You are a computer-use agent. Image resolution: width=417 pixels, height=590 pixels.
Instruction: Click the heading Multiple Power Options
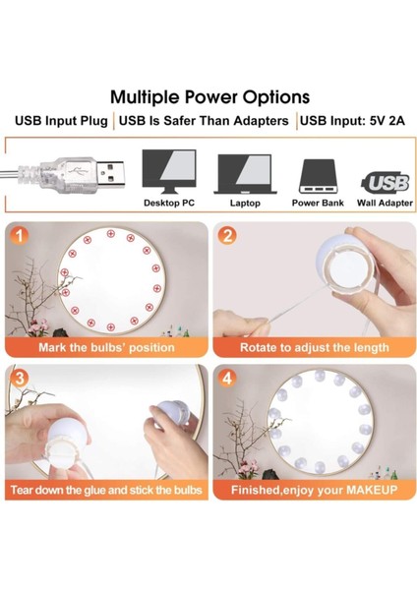(209, 97)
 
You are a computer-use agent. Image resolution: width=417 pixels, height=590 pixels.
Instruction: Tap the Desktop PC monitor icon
(168, 170)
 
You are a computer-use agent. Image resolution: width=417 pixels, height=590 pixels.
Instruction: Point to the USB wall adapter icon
(386, 182)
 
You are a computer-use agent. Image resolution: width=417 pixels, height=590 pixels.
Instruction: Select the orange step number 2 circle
(227, 236)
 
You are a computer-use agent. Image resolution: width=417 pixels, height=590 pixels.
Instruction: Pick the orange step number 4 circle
(227, 379)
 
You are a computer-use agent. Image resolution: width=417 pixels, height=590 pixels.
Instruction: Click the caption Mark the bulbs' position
(106, 347)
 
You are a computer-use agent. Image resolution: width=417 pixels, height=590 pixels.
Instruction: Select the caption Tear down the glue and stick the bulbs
(106, 489)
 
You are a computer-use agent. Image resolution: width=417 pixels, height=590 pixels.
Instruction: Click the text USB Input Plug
(61, 121)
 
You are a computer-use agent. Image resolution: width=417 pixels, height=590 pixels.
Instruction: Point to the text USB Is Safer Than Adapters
(206, 121)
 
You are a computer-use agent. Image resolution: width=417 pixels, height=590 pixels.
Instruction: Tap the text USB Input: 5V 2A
(352, 121)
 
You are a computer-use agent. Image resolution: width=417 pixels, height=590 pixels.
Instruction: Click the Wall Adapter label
(386, 204)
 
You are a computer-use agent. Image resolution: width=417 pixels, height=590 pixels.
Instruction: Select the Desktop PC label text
(168, 204)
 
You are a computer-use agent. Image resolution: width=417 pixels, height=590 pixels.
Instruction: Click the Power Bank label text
(318, 204)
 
